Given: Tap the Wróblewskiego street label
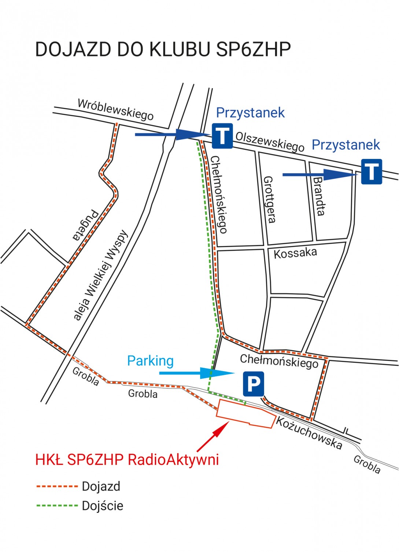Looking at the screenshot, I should point(115,109).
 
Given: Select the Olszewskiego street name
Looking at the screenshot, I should point(270,141).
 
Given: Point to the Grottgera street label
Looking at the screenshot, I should point(269,199).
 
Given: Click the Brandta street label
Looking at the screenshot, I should point(318,196).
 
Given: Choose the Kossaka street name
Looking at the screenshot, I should point(295,253).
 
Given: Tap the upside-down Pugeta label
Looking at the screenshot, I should point(85,225).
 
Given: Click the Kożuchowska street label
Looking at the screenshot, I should point(309,433).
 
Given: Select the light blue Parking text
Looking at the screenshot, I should point(150,361).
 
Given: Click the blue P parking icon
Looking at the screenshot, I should point(253,384).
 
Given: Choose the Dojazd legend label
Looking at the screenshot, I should point(101,486).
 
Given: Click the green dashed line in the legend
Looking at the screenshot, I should point(57,506).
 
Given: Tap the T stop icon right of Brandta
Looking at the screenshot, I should point(372,172).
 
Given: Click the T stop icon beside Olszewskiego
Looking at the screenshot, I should point(222,136).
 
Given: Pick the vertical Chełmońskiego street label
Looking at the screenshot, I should point(219,194).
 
